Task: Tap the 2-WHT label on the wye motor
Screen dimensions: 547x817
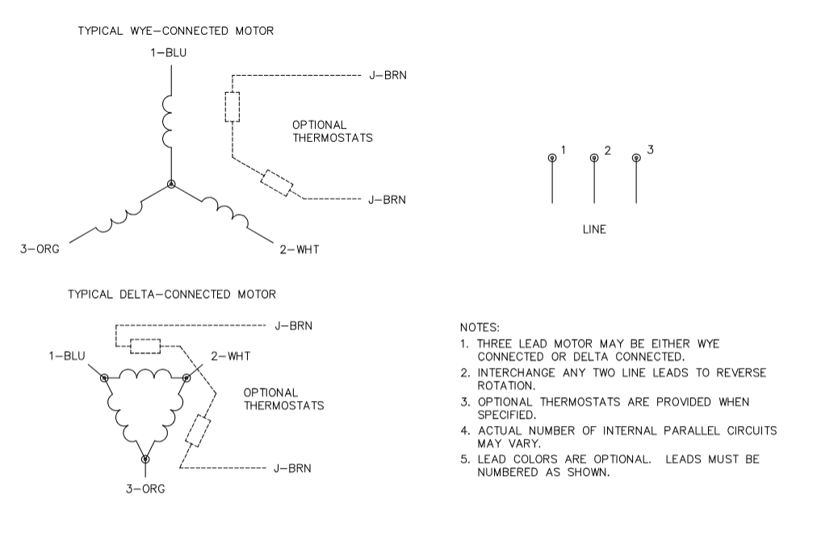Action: tap(299, 249)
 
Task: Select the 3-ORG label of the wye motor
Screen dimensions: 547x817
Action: tap(40, 249)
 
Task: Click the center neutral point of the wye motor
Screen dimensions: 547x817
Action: tap(171, 185)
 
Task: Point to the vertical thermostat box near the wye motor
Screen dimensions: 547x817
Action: tap(232, 106)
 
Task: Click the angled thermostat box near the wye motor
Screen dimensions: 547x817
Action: tap(276, 183)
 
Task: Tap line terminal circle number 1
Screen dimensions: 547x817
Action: tap(552, 157)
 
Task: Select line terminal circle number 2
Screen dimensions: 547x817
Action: tap(594, 157)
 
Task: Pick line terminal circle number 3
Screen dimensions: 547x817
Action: tap(636, 157)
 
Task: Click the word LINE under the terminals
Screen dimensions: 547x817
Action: tap(594, 230)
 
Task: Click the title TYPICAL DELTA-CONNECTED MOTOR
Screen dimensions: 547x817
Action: tap(171, 294)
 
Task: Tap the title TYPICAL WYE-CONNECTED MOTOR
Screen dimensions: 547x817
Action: tap(175, 31)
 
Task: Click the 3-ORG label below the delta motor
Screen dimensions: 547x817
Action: tap(145, 489)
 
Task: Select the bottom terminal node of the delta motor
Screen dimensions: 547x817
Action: tap(145, 459)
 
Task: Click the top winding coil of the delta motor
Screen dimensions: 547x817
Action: tap(145, 374)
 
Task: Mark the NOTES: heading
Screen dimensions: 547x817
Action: tap(480, 328)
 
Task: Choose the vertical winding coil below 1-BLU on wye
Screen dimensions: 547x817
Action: tap(170, 122)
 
